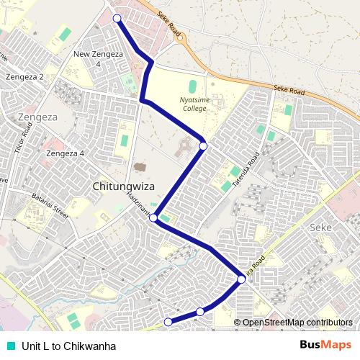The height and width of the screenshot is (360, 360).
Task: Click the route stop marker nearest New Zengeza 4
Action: [117, 18]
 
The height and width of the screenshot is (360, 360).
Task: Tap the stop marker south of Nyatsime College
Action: [203, 146]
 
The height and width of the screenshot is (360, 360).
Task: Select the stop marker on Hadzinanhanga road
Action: [153, 217]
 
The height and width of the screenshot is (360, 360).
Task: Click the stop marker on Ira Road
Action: [241, 279]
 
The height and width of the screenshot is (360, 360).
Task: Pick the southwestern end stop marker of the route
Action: [168, 322]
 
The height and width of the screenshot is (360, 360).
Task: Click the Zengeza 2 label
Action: [25, 76]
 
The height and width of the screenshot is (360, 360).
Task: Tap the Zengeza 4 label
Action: [65, 153]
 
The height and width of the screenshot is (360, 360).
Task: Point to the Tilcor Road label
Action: [24, 138]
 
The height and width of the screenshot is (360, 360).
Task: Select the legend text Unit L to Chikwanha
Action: [69, 346]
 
